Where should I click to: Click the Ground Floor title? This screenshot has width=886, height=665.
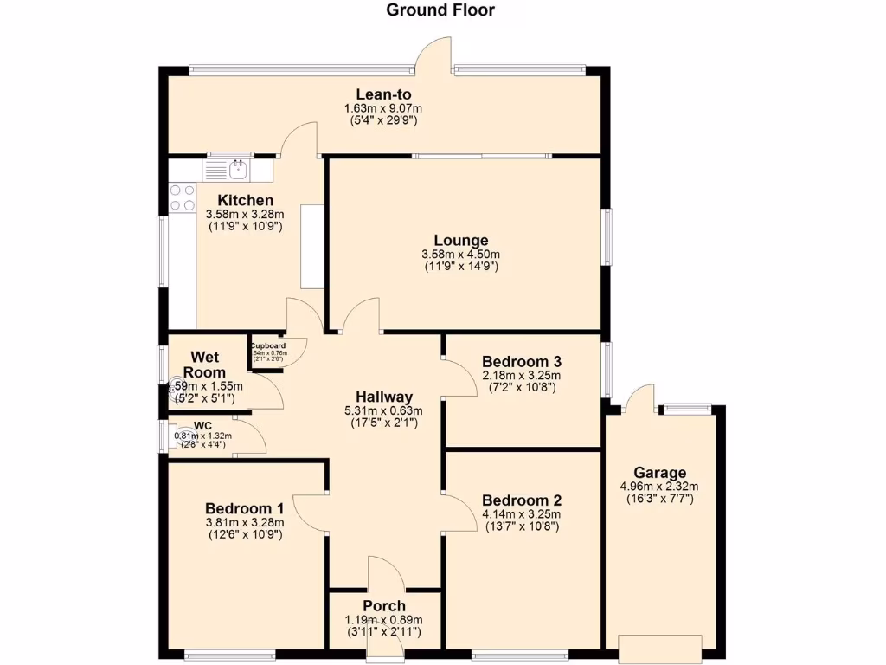pos(440,10)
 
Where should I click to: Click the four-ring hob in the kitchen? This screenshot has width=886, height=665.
pos(183,197)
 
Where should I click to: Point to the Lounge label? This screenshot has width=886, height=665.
pos(461,241)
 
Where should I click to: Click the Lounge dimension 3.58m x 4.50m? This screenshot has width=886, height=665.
pos(461,255)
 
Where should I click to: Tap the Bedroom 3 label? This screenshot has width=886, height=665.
pos(522,361)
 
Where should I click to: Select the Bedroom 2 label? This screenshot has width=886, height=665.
pos(522,500)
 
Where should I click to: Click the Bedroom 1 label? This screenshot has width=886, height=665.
pos(245,508)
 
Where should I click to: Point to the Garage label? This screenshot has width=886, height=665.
pos(659,473)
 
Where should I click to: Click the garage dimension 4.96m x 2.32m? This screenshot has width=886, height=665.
pos(659,487)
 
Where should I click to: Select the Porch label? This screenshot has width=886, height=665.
pos(384,605)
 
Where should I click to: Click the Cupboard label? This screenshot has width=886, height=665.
pos(268,345)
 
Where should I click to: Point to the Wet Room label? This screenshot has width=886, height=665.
pos(204,365)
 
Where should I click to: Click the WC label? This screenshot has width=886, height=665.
pos(202,425)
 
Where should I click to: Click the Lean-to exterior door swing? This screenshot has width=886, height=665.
pos(433,54)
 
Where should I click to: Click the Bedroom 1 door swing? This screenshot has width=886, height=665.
pos(310,510)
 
